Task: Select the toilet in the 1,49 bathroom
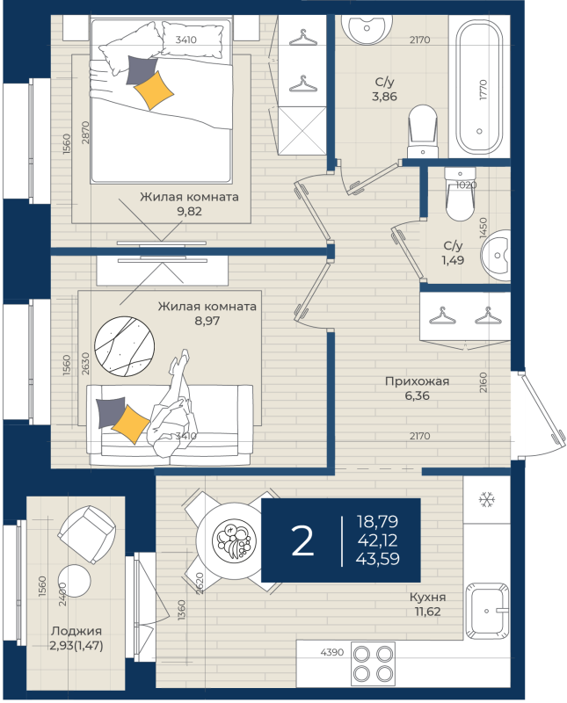460,194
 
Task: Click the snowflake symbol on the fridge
486,499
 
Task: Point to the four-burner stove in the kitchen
373,663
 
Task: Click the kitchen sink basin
487,611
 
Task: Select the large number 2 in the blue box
302,540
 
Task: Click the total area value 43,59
377,559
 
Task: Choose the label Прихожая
417,381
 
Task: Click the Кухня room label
427,598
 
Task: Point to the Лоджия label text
76,631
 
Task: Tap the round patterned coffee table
124,345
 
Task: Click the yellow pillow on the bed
154,91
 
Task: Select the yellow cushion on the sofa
130,424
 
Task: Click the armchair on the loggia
87,534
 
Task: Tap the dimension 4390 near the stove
332,652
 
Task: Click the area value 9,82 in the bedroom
189,211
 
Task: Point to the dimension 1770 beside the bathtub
483,90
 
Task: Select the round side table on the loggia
74,581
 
